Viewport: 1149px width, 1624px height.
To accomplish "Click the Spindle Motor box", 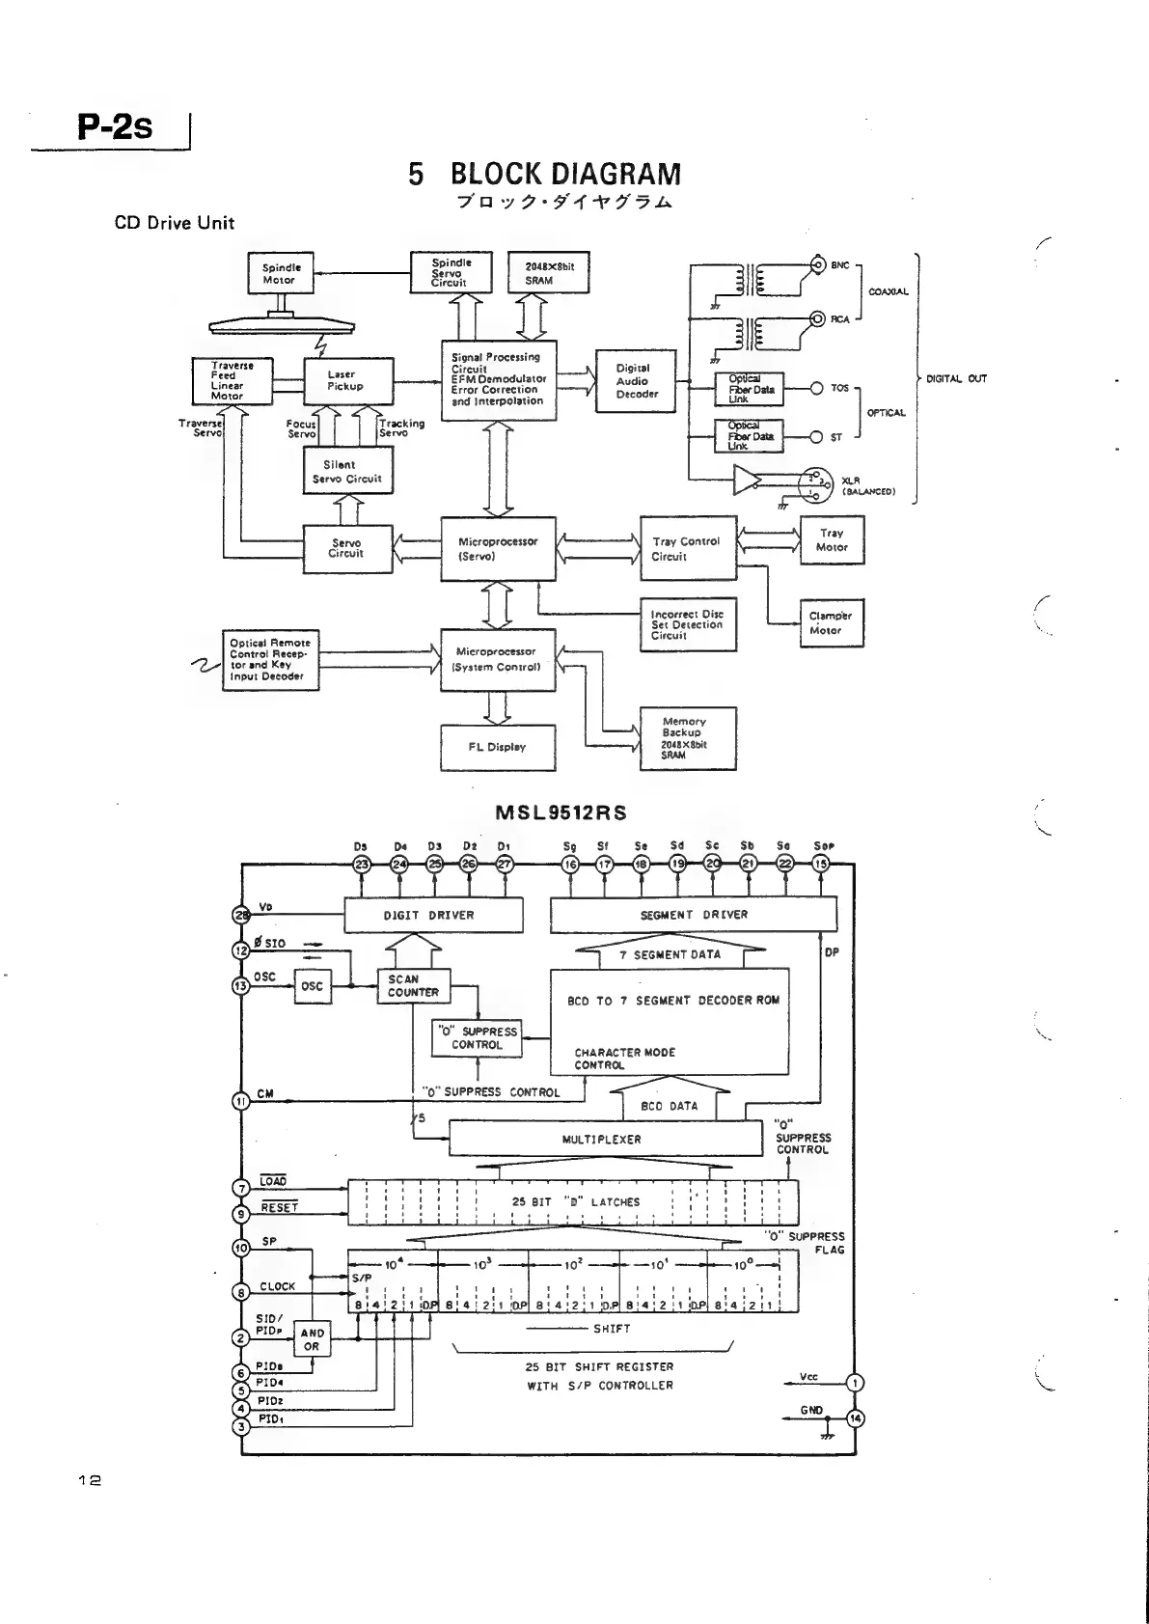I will pos(280,274).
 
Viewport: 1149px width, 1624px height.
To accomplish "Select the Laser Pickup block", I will pos(347,381).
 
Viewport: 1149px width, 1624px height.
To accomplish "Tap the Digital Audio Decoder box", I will pos(636,381).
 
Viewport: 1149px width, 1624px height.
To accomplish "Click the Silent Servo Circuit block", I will pos(347,472).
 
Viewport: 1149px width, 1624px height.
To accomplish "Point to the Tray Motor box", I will pos(832,540).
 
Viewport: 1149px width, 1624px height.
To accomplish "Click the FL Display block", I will pos(498,747).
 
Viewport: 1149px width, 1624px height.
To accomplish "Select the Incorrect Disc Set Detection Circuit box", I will pos(688,625).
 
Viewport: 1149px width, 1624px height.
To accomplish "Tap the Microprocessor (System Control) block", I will pos(498,660).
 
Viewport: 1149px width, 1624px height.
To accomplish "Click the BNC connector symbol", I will pos(818,264).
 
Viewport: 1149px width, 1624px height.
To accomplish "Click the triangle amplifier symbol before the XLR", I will pos(748,481).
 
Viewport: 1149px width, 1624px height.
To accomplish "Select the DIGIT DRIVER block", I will pos(433,915).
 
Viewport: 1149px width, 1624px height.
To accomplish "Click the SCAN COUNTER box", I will pos(414,985).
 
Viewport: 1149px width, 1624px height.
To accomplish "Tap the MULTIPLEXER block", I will pos(605,1140).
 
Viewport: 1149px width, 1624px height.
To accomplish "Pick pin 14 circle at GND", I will pos(855,1418).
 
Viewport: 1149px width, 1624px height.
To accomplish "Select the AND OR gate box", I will pos(312,1339).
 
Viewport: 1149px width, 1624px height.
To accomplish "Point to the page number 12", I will pos(91,1479).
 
